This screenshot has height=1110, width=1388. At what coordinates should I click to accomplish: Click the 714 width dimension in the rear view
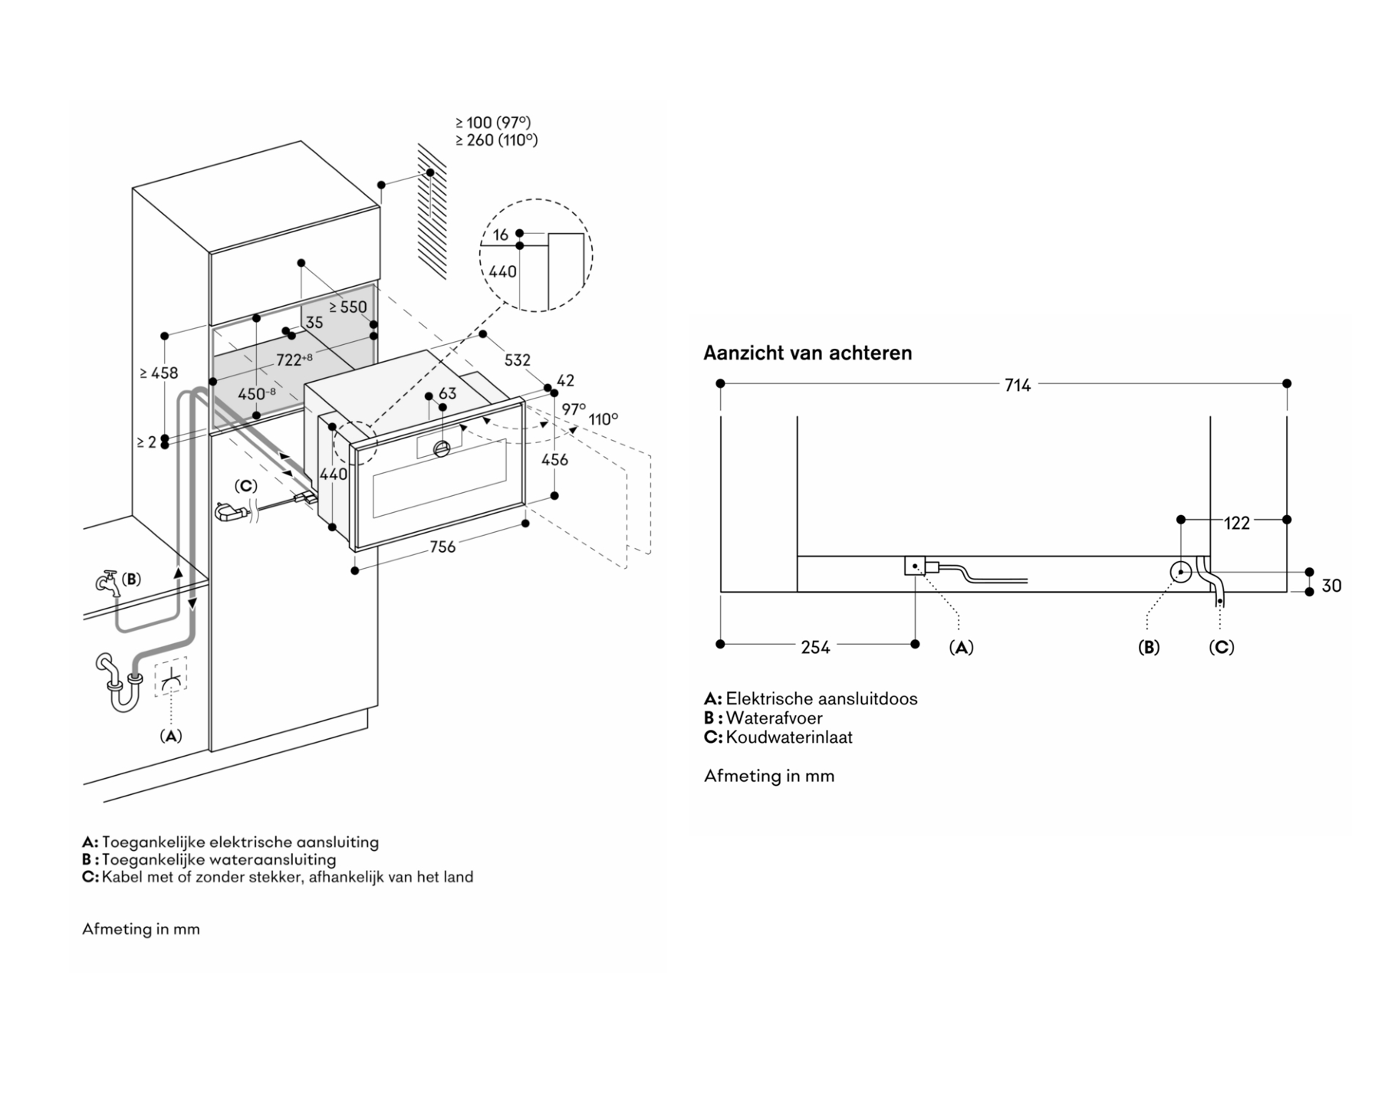pos(1018,386)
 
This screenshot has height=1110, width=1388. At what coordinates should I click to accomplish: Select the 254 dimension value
pos(815,648)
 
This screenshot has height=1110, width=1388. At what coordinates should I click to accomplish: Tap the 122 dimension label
pos(1237,524)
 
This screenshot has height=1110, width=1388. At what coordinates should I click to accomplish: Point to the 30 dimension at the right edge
pos(1332,586)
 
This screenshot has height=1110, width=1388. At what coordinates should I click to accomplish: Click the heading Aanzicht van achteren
pos(807,353)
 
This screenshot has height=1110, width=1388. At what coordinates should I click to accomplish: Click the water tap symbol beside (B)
pos(107,584)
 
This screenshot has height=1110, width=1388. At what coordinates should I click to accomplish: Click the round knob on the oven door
pos(442,449)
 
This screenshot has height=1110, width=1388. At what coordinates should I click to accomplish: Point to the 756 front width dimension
pos(442,547)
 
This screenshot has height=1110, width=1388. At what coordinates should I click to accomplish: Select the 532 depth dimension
pos(518,360)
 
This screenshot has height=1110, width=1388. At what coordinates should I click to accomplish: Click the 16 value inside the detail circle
pos(501,235)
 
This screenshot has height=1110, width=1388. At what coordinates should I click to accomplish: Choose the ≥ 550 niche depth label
pos(348,307)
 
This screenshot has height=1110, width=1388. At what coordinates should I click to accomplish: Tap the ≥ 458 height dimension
pos(159,373)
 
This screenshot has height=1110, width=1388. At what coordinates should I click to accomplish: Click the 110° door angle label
pos(604,419)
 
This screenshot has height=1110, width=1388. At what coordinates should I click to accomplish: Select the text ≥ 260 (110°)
pos(496,140)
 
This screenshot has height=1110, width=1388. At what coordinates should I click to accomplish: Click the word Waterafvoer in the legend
pos(774,718)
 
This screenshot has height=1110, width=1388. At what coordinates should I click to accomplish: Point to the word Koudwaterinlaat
pos(789,737)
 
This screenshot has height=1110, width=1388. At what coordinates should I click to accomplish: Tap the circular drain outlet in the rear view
pos(1181,571)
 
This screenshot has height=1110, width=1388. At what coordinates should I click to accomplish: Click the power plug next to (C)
pos(229,511)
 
